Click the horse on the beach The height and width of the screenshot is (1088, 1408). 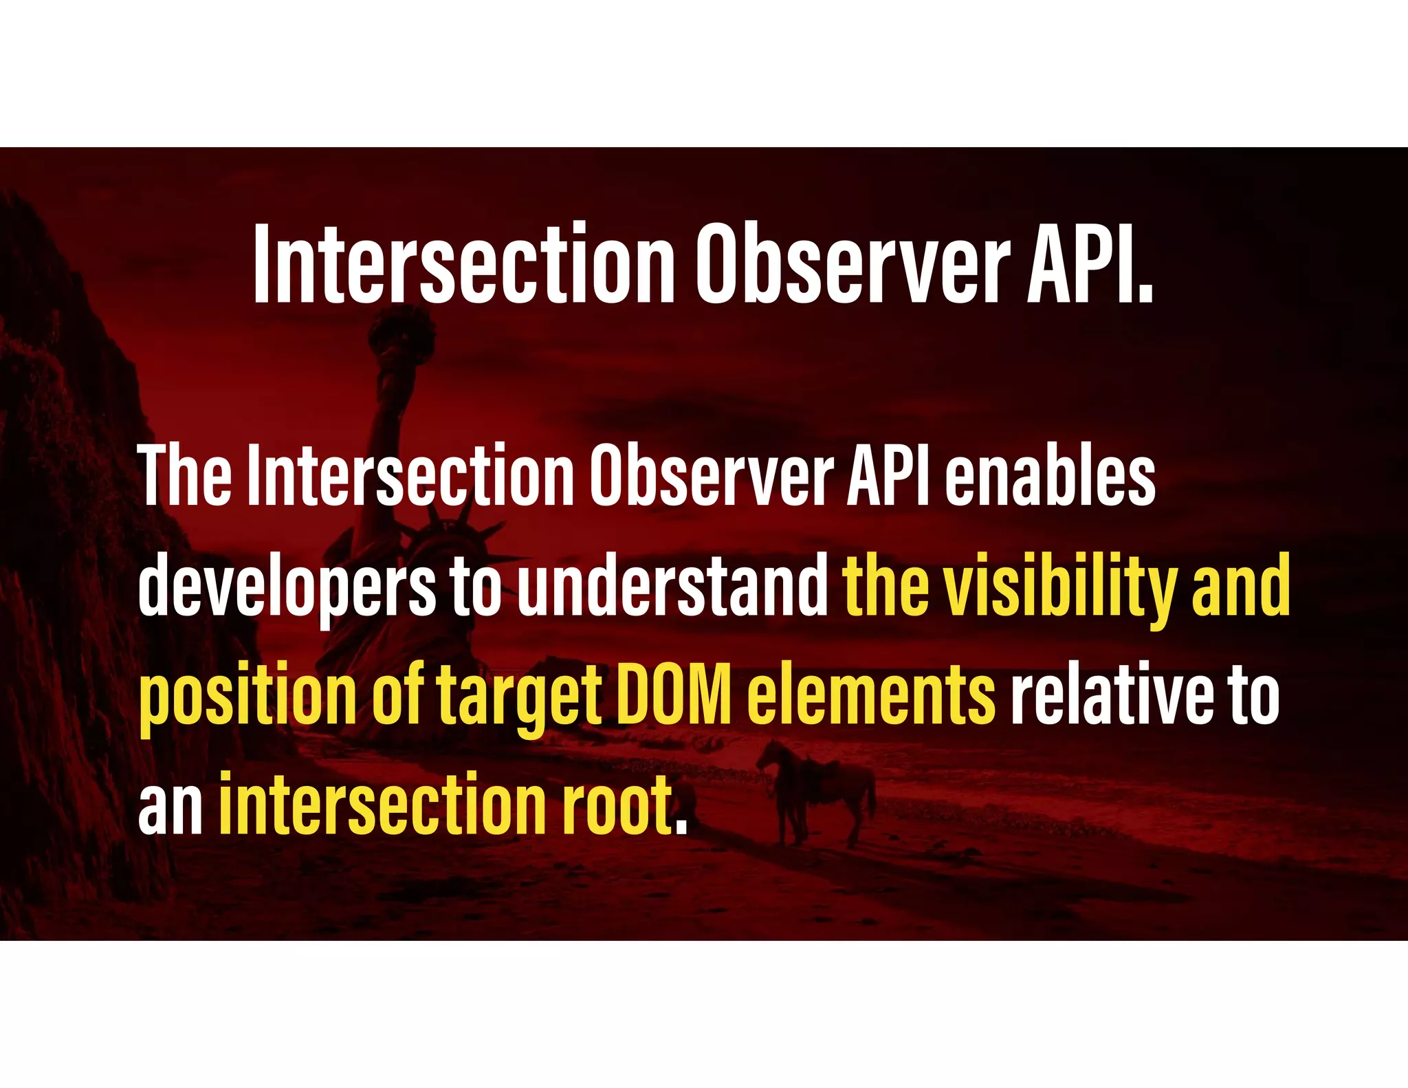818,791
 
